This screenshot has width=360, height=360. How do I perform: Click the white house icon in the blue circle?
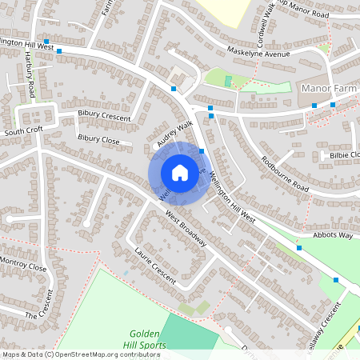(x=180, y=172)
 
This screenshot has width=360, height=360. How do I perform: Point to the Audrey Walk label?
(x=175, y=133)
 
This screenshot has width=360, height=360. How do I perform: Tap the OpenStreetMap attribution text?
(x=91, y=354)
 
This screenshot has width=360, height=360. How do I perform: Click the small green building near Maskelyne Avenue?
(x=228, y=81)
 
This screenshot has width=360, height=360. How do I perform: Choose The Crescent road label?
(x=43, y=308)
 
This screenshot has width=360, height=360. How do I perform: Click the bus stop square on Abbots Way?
(x=299, y=248)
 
